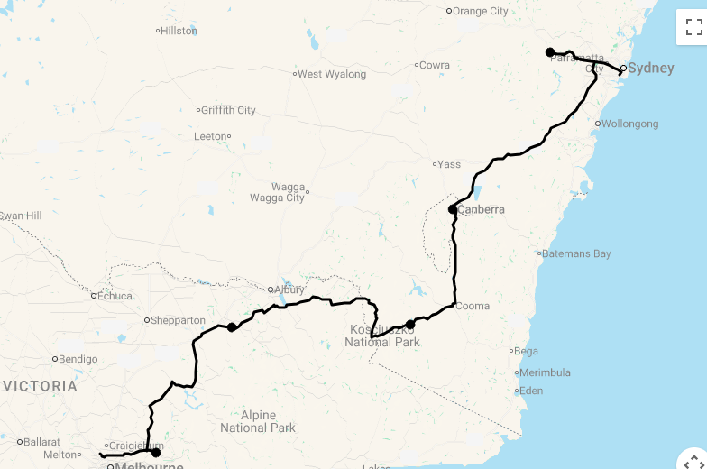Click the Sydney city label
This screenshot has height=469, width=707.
point(650,68)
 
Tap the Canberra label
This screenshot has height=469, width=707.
point(481,209)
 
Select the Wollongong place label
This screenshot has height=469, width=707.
point(630,124)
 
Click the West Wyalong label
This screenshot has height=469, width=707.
point(332,74)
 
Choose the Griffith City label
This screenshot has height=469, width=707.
point(228,110)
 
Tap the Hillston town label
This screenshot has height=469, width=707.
point(179,31)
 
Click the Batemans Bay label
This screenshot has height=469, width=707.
point(577,253)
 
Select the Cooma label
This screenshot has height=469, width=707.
point(473,306)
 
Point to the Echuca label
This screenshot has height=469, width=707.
point(115,295)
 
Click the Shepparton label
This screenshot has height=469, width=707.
point(179,320)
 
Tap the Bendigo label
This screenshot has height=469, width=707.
point(79,359)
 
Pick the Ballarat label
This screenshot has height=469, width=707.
point(42,442)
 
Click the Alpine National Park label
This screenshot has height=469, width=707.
point(258,421)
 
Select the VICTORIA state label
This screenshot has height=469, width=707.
point(40,386)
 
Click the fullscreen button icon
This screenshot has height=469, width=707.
point(693,27)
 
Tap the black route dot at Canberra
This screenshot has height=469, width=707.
point(453,209)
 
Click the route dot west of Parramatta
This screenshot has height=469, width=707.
point(550,52)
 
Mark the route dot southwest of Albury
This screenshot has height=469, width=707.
point(232,327)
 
